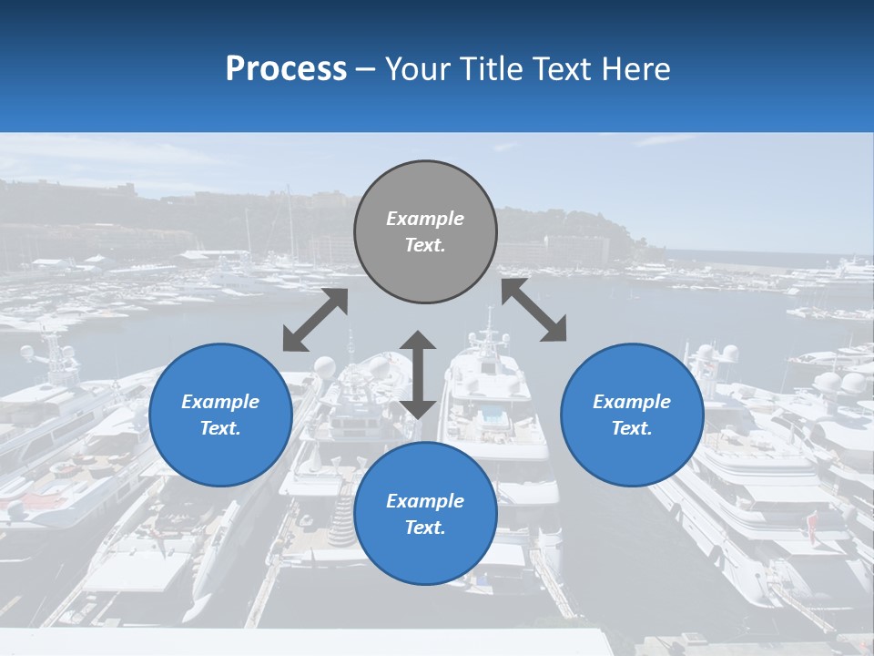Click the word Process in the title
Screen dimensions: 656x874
pyautogui.click(x=286, y=69)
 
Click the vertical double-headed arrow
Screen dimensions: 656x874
pyautogui.click(x=418, y=374)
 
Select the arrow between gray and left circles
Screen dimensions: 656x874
pyautogui.click(x=315, y=320)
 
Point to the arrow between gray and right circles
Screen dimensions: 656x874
pyautogui.click(x=534, y=310)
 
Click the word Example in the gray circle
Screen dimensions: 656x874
pyautogui.click(x=425, y=219)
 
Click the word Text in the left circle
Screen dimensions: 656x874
pyautogui.click(x=220, y=428)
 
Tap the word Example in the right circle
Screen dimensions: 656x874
pyautogui.click(x=632, y=402)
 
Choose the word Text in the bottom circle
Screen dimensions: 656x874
pyautogui.click(x=425, y=528)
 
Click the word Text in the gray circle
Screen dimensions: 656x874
pyautogui.click(x=425, y=245)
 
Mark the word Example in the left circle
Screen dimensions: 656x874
pyautogui.click(x=220, y=402)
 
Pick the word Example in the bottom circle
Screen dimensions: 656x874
pyautogui.click(x=425, y=501)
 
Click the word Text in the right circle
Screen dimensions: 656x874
pyautogui.click(x=632, y=428)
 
